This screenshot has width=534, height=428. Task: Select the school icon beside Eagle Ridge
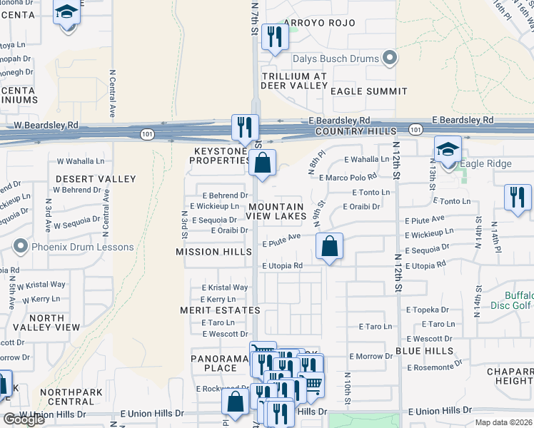coord(448,150)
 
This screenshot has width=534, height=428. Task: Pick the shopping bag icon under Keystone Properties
coord(262,163)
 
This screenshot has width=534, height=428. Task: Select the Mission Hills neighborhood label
coord(213,252)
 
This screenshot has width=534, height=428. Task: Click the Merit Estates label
coord(221,310)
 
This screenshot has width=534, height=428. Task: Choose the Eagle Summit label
coord(368,91)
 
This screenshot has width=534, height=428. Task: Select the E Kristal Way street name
coord(224,287)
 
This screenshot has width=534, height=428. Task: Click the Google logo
coord(24,419)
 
